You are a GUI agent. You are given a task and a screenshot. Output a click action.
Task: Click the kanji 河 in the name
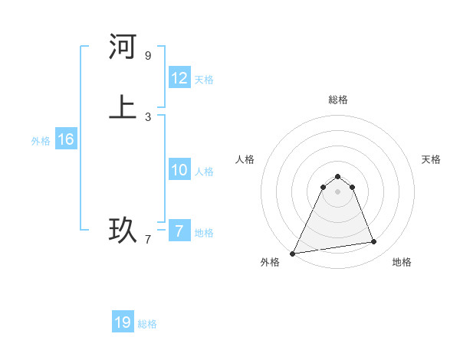[123, 47]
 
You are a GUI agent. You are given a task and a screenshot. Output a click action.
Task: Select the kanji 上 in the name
[123, 106]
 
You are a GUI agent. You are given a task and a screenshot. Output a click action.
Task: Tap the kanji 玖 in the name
[123, 230]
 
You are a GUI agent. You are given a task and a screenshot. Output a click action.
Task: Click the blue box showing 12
[179, 78]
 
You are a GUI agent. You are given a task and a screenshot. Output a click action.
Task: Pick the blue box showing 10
[179, 170]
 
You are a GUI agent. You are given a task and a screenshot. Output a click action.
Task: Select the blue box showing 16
[65, 139]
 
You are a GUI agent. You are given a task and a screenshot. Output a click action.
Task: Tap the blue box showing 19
[123, 322]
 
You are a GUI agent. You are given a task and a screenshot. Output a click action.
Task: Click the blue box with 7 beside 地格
[179, 231]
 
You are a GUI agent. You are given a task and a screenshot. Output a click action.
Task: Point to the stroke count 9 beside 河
[148, 56]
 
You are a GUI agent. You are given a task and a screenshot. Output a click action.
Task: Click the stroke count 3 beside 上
[148, 117]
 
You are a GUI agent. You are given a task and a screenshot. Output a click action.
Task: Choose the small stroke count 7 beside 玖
[148, 240]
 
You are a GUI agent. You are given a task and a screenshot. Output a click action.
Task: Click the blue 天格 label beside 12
[204, 80]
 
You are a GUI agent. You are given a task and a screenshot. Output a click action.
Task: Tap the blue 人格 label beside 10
[204, 172]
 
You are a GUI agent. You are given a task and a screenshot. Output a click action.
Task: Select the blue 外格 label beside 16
[41, 141]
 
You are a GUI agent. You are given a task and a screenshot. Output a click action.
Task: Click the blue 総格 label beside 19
[147, 324]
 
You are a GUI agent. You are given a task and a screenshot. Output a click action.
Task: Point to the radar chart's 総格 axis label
[337, 100]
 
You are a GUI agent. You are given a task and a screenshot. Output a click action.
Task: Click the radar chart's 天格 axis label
[431, 159]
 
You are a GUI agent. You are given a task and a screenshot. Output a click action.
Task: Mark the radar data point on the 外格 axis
[292, 253]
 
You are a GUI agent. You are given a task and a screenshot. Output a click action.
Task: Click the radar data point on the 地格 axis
[374, 242]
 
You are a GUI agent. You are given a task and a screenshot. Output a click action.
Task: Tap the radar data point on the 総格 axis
[337, 176]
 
